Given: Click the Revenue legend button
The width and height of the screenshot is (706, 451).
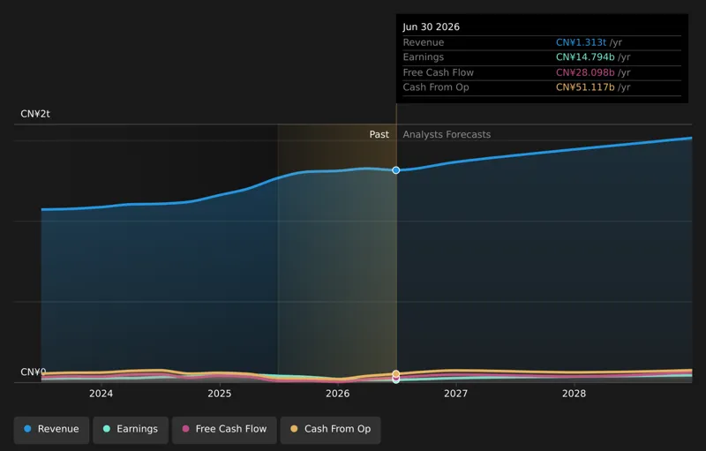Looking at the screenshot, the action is point(51,430).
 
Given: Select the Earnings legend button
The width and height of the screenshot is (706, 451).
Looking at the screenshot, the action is point(131,430).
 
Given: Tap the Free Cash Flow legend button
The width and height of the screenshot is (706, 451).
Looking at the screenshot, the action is point(224,430).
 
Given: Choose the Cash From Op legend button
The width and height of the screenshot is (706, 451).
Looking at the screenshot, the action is point(330,430).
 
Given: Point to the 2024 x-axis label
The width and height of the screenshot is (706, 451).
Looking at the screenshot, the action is point(101,394).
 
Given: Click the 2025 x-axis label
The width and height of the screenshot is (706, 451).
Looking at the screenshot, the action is point(219,394).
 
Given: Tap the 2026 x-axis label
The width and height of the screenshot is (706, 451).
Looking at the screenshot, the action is point(338,394).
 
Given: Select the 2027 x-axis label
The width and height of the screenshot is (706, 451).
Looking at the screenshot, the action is point(455,394).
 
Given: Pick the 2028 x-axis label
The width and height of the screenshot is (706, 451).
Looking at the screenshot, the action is point(575,394).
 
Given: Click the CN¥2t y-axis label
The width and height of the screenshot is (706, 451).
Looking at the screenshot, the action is point(35,114).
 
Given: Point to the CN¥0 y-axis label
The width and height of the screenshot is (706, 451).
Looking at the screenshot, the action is point(34,372).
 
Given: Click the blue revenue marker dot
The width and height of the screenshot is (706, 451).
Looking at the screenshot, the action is point(395,170).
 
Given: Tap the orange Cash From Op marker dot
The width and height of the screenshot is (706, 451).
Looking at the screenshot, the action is point(395,373).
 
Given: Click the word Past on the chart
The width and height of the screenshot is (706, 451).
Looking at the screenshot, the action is point(379,134).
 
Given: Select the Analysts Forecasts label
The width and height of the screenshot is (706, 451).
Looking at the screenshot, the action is point(447,134).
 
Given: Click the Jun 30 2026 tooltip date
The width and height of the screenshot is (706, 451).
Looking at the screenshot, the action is point(431,27).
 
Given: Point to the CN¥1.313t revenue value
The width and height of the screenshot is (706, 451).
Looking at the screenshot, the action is point(581,42).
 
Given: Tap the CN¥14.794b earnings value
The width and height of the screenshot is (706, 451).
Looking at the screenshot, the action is point(585,57).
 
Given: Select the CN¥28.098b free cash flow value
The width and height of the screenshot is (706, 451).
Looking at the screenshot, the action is point(585,72).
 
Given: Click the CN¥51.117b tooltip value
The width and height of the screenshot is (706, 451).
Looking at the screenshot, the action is point(585,87).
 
